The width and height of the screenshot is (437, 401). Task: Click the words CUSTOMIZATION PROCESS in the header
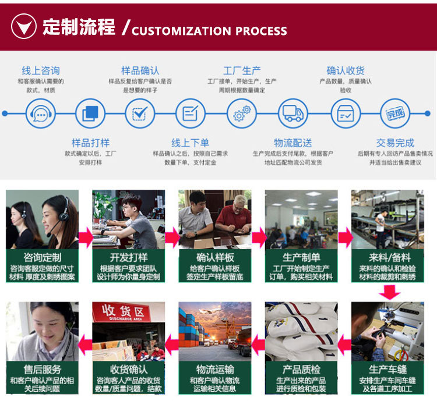pos(209,31)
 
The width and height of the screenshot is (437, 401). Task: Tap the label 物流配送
pos(293,143)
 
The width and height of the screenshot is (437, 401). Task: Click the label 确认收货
pos(346,70)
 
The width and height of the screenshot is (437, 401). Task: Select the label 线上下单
pos(191,143)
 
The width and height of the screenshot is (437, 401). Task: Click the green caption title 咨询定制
pos(43,257)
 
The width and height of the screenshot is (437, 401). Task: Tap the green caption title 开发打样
pos(129,257)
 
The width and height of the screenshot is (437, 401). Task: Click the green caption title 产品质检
pos(301,369)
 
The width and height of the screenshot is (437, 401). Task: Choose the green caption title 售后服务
pos(43,369)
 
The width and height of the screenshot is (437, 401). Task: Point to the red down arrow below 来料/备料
pos(389,293)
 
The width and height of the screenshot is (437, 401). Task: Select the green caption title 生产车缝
pos(387,369)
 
